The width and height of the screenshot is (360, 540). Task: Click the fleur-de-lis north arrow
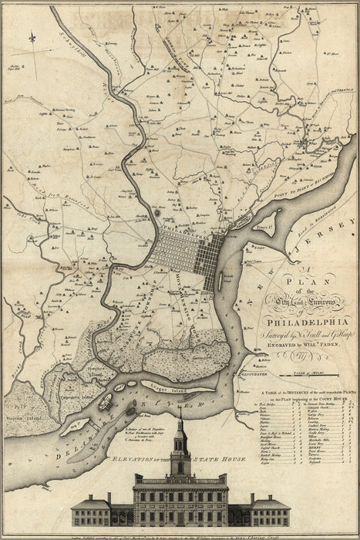(x=32, y=37)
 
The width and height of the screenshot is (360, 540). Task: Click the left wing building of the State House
(x=91, y=512)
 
